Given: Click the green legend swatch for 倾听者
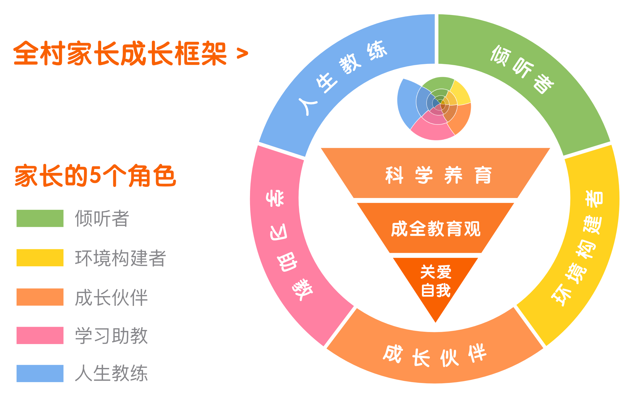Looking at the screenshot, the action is tap(40, 218).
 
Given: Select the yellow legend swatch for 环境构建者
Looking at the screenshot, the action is tap(40, 258).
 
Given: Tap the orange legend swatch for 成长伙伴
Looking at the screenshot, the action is tap(40, 297).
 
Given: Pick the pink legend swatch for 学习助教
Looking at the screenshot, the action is tap(40, 335).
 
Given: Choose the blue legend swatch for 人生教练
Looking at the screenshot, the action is tap(40, 373).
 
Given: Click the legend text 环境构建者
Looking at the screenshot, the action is tap(121, 258).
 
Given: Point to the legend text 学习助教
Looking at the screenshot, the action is tap(111, 336).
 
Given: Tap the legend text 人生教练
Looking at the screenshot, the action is tap(111, 373).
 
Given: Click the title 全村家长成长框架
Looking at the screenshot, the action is tap(120, 53).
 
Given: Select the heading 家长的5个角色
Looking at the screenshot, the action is tap(96, 176).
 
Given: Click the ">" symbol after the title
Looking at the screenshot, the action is tap(242, 54).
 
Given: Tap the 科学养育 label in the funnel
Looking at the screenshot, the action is tap(438, 175).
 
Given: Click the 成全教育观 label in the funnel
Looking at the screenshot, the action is tap(436, 229).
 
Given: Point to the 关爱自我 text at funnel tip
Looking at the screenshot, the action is tap(436, 281).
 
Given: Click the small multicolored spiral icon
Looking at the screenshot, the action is tap(434, 109).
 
